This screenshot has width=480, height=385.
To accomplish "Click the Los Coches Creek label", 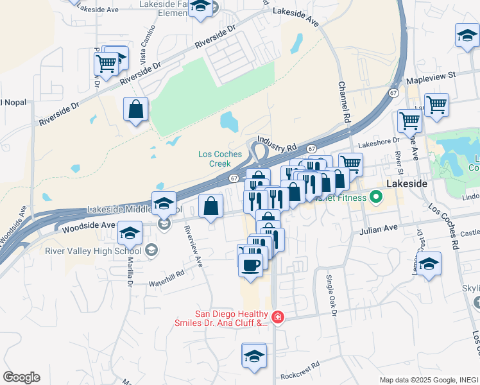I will [220, 158].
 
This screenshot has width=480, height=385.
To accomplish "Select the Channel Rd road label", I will [345, 102].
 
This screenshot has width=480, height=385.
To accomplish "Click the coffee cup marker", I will [251, 264].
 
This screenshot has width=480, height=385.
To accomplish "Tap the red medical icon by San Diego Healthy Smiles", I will [277, 316].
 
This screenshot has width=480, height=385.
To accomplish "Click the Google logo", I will [21, 377].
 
